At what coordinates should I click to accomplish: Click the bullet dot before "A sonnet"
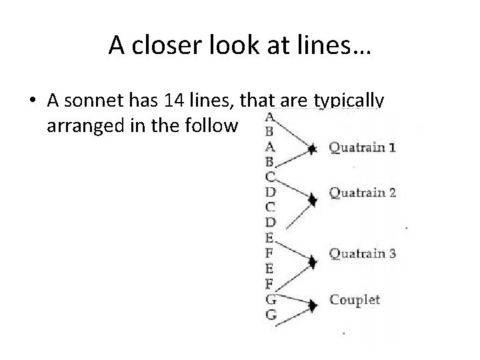click(x=33, y=102)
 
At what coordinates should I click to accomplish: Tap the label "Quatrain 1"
click(x=362, y=148)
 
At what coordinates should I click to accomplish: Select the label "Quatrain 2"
click(x=362, y=193)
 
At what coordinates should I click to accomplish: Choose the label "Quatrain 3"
click(x=362, y=253)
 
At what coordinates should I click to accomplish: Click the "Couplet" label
click(x=355, y=299)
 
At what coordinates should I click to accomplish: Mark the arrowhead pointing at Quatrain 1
click(x=311, y=150)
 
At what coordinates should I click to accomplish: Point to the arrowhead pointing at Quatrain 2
click(x=311, y=199)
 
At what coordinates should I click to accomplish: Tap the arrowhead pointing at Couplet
click(x=311, y=305)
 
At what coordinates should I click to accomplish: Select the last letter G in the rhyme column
click(x=271, y=315)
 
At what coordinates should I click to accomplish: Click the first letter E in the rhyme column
click(x=270, y=237)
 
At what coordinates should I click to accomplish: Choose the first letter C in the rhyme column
click(x=270, y=176)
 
